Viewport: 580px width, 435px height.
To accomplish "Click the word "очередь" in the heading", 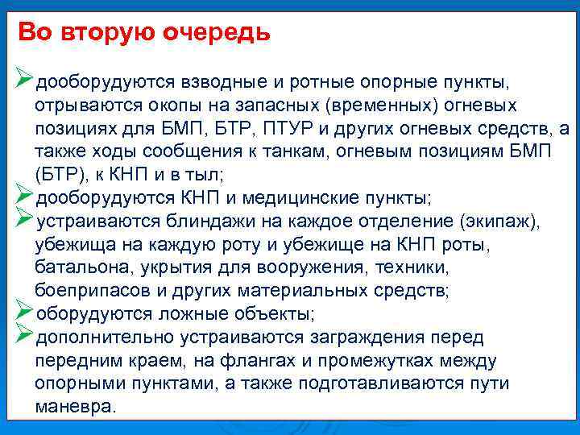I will (x=217, y=33).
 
